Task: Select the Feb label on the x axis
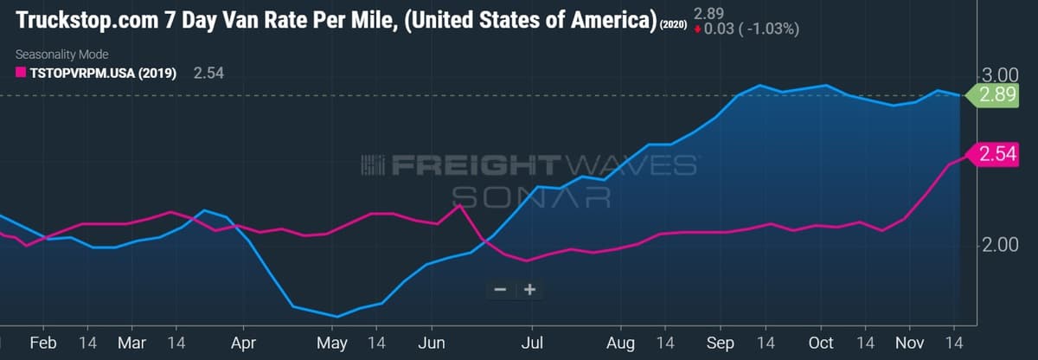(x=42, y=343)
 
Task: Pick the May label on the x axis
(x=331, y=343)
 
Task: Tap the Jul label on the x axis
(x=532, y=343)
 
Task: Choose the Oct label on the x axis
(x=820, y=343)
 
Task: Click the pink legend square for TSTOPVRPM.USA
(x=21, y=74)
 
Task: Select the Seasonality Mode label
(x=61, y=55)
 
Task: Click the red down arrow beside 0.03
(x=698, y=29)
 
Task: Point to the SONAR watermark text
(x=531, y=197)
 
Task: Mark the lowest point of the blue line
(x=336, y=317)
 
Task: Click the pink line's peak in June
(x=460, y=205)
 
